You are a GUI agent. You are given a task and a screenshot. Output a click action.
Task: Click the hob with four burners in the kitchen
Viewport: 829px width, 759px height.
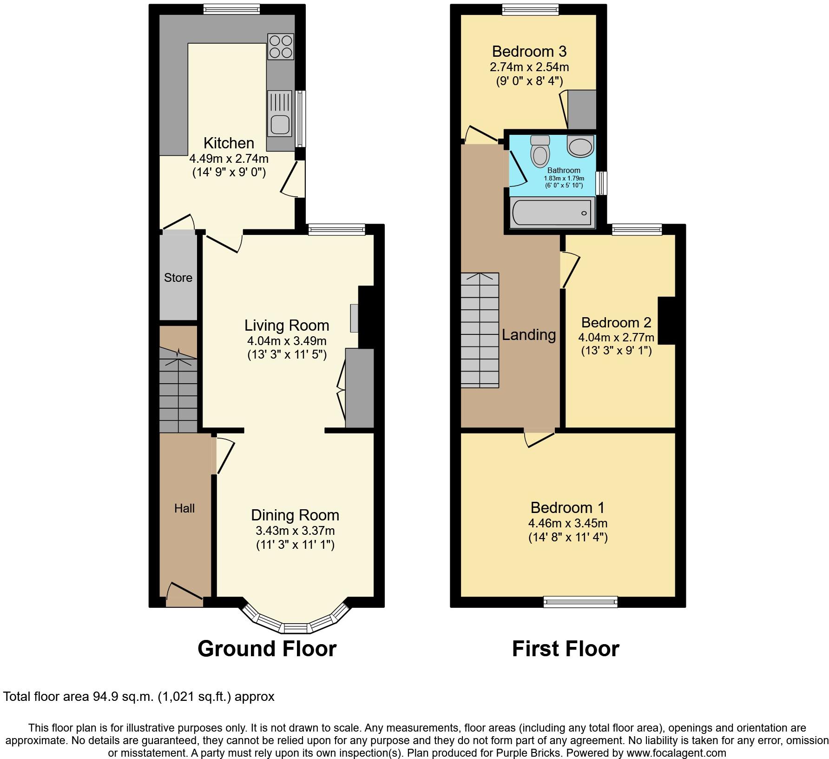[281, 47]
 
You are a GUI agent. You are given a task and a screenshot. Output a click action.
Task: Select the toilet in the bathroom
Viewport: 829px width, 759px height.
[540, 151]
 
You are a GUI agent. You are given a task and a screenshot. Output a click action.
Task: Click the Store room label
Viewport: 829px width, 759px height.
[178, 278]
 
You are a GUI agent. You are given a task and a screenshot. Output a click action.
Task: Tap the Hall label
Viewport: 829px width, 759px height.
[184, 508]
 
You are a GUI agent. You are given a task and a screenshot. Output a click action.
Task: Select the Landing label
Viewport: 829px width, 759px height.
[529, 335]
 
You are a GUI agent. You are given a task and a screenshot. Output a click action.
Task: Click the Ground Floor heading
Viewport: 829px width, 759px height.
[267, 649]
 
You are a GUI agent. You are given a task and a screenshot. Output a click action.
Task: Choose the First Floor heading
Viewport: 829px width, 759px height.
[566, 649]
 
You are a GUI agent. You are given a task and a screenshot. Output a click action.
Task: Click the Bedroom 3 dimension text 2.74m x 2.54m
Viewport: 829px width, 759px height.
[529, 67]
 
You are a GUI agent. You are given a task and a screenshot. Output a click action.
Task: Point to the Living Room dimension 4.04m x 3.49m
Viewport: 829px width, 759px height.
[287, 340]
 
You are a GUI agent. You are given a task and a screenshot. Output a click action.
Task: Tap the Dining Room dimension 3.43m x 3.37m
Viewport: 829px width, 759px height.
[295, 530]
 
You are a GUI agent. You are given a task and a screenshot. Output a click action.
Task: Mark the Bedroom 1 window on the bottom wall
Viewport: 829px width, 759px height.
[580, 602]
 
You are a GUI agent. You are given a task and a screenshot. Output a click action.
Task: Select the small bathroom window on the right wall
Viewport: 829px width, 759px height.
[602, 183]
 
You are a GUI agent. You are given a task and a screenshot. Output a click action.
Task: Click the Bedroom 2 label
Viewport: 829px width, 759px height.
[616, 322]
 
